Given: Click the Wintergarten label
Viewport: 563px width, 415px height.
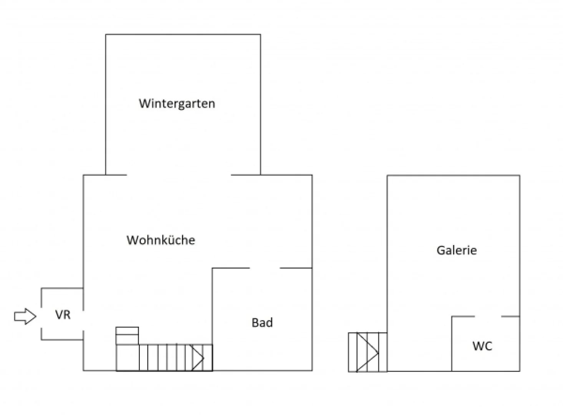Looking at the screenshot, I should point(177,104).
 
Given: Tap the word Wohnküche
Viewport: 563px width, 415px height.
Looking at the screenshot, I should point(161,240).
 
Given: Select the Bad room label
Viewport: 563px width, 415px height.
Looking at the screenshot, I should point(262,322).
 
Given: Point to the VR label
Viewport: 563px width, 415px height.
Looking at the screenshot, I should point(63,315).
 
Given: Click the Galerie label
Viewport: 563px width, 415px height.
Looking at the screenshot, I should point(457,251).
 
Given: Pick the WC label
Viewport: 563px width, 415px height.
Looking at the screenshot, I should point(482,346).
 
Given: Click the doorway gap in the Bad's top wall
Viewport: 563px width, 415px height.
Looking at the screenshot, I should point(265,268).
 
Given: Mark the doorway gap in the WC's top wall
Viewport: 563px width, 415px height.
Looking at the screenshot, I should point(488,317).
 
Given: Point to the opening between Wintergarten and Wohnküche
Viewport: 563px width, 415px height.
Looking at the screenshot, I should point(179,175).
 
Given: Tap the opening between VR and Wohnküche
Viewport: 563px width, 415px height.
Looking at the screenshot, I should point(83,314).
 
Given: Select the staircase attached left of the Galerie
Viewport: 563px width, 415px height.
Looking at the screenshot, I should point(368,352).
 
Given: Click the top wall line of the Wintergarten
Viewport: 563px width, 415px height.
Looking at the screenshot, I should point(183,35).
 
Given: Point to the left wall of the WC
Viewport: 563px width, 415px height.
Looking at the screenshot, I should point(452,344).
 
